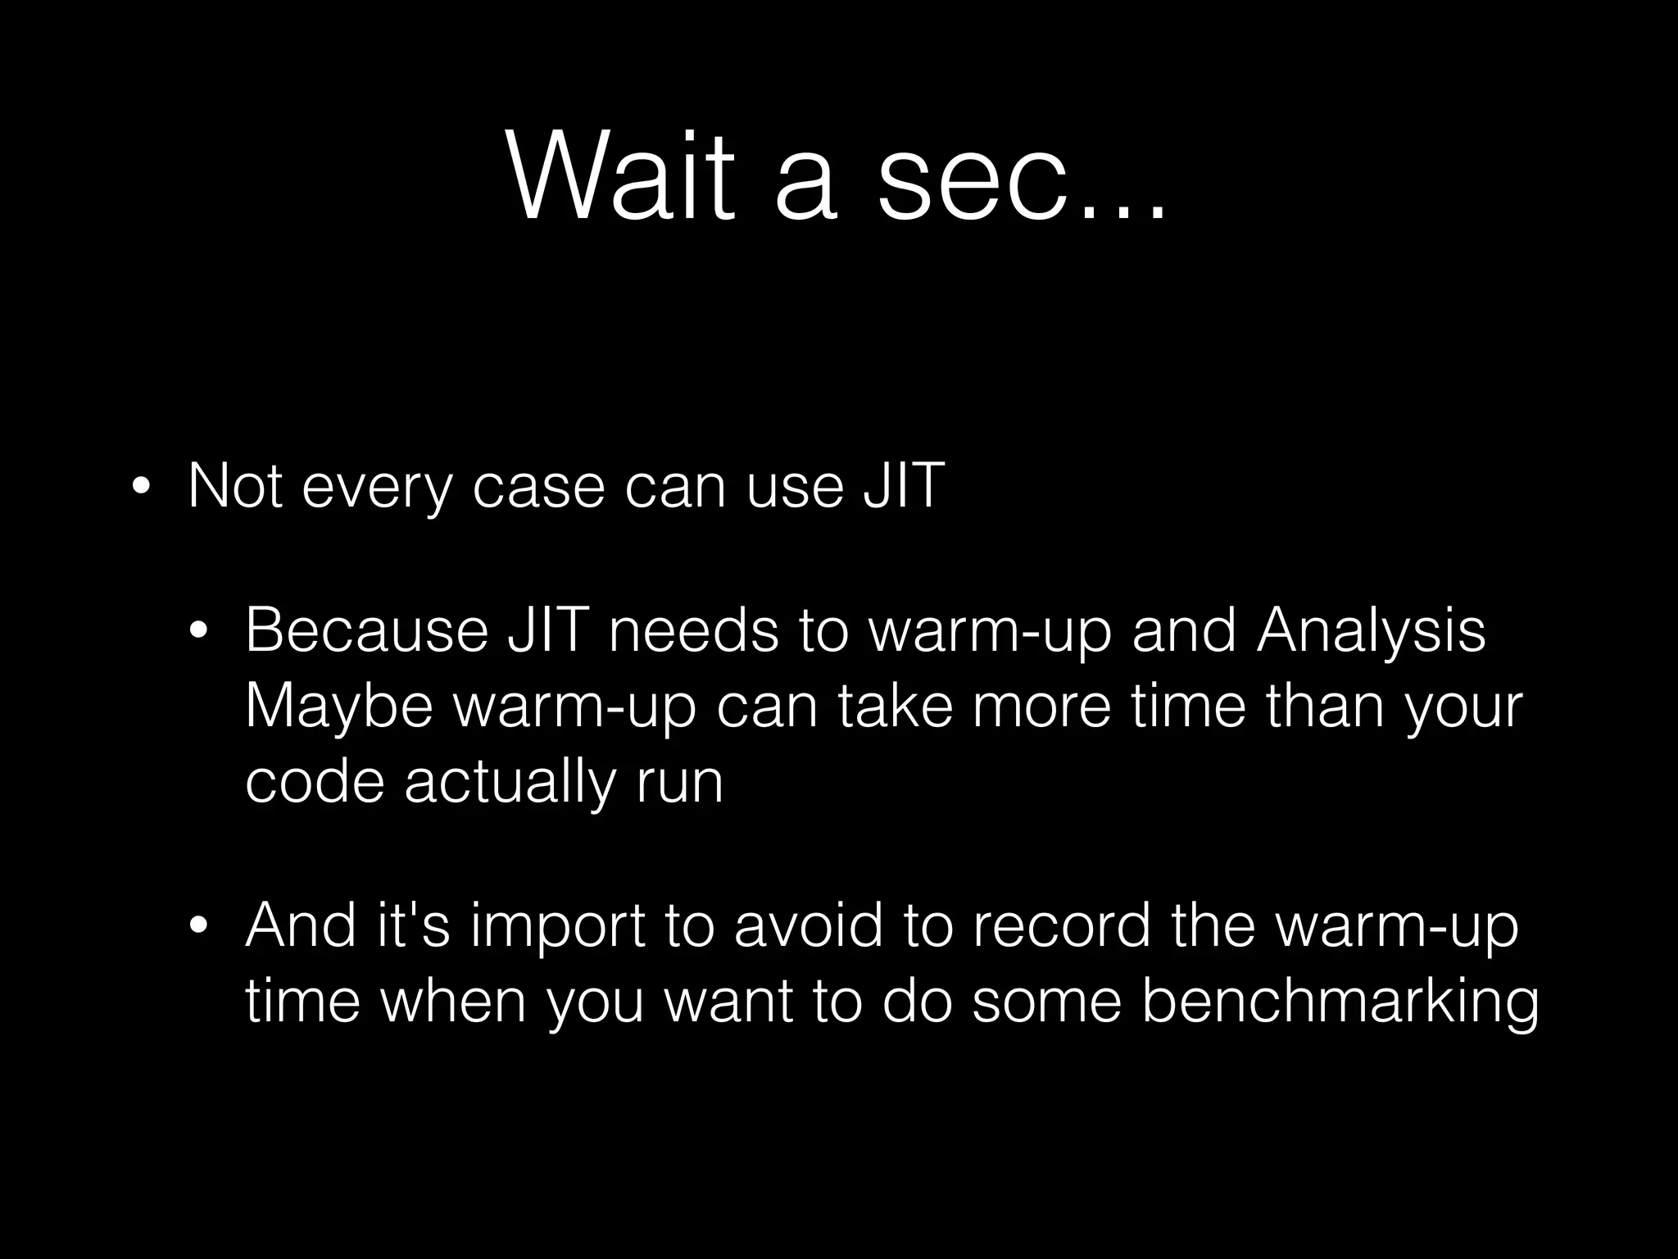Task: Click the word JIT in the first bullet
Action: click(x=904, y=485)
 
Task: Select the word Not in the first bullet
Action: click(x=236, y=485)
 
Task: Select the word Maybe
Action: click(x=338, y=707)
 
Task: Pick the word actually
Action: click(x=509, y=784)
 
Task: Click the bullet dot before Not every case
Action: click(x=140, y=489)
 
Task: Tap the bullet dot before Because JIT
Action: click(x=197, y=631)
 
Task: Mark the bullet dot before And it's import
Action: click(x=197, y=927)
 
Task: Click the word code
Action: click(x=315, y=782)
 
